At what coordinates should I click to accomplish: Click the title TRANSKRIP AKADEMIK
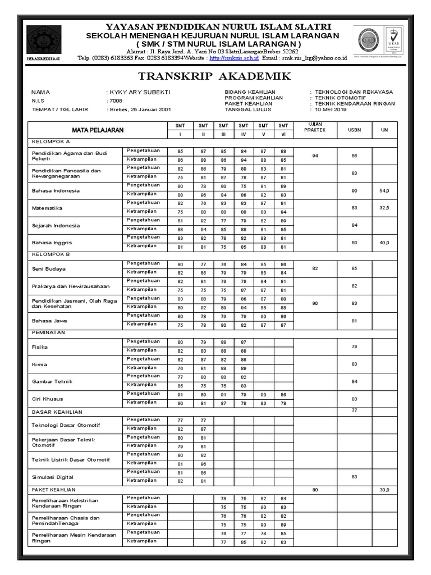(x=215, y=76)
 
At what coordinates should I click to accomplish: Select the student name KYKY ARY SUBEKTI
(x=139, y=92)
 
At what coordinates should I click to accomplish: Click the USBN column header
(x=354, y=130)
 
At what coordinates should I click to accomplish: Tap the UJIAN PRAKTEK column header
(x=315, y=126)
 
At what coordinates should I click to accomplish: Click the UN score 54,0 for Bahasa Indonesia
(x=384, y=191)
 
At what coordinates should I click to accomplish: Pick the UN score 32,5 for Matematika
(x=384, y=208)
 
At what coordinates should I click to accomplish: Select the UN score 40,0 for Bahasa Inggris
(x=384, y=243)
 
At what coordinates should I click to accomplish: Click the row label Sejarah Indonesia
(x=56, y=226)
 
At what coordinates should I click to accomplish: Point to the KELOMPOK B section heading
(x=51, y=254)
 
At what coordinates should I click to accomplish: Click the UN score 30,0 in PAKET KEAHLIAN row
(x=384, y=490)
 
